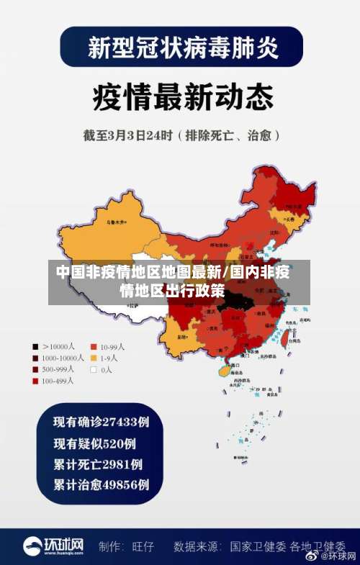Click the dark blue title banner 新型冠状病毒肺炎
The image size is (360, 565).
point(180,48)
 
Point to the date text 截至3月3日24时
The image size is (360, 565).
point(140,135)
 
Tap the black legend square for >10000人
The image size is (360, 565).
point(35,345)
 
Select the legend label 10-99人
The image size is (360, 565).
point(112,345)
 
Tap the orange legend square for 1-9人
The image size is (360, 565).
point(93,357)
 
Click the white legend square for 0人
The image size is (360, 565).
point(93,369)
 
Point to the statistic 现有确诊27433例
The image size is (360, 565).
point(101,421)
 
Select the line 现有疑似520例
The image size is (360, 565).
point(94,443)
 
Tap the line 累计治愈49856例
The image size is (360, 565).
point(101,484)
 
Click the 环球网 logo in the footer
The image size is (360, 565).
point(53,546)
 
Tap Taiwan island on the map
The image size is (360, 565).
point(284,330)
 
